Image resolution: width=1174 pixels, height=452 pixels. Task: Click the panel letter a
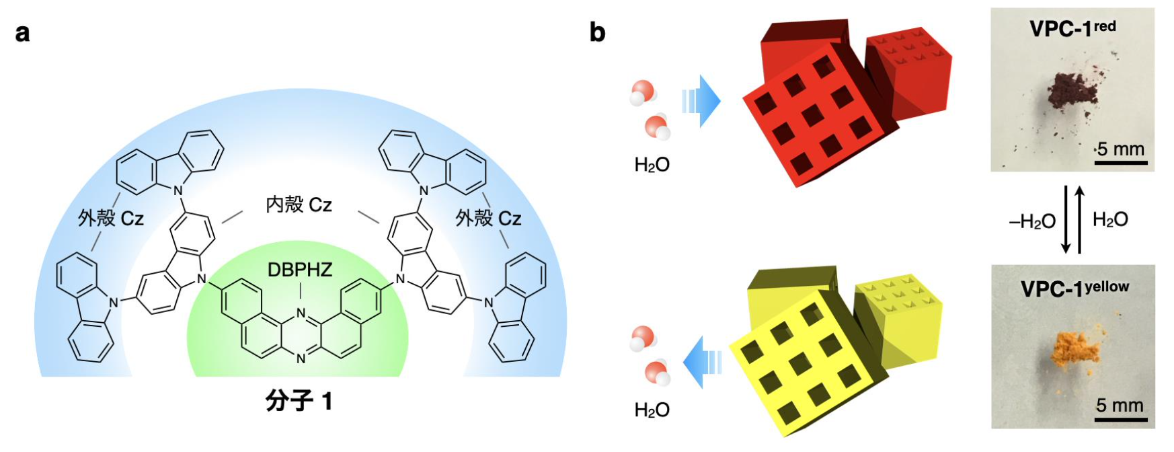[22, 33]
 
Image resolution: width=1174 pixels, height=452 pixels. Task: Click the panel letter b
[597, 32]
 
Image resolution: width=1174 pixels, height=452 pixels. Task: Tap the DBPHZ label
[300, 270]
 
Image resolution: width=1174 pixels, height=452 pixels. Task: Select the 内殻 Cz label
[299, 204]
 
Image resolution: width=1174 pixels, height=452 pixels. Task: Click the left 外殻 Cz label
[111, 218]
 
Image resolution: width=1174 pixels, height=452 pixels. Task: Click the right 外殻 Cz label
[488, 218]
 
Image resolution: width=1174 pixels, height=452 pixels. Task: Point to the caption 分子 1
[299, 402]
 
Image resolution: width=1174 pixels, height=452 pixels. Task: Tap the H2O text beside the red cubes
[652, 165]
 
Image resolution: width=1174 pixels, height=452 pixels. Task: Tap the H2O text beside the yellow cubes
[652, 410]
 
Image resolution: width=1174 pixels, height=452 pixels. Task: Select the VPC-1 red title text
[1072, 28]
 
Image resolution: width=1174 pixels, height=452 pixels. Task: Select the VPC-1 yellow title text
[1074, 289]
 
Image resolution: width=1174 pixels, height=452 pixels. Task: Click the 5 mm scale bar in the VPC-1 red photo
[1120, 162]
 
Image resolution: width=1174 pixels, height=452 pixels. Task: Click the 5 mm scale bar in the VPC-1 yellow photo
[1120, 419]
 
